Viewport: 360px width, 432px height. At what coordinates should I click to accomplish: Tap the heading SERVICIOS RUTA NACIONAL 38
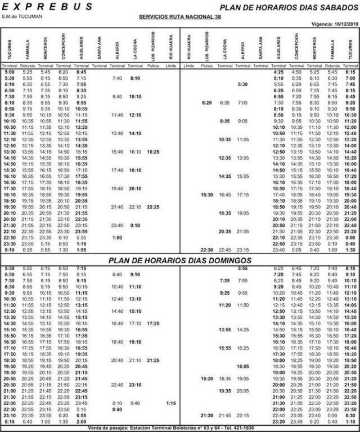(x=180, y=17)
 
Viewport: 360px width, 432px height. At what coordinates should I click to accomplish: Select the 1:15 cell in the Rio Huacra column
(x=171, y=403)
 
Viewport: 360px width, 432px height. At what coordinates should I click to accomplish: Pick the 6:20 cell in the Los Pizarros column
(x=206, y=102)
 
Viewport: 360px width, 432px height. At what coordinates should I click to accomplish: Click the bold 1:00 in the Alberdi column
(x=117, y=237)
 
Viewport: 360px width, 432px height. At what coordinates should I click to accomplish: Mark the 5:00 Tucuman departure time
(x=9, y=72)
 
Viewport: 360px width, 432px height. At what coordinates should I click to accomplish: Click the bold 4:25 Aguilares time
(x=279, y=72)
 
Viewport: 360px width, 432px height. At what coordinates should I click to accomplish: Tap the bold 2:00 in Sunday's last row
(x=81, y=421)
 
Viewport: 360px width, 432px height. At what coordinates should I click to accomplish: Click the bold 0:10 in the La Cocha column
(x=135, y=225)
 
